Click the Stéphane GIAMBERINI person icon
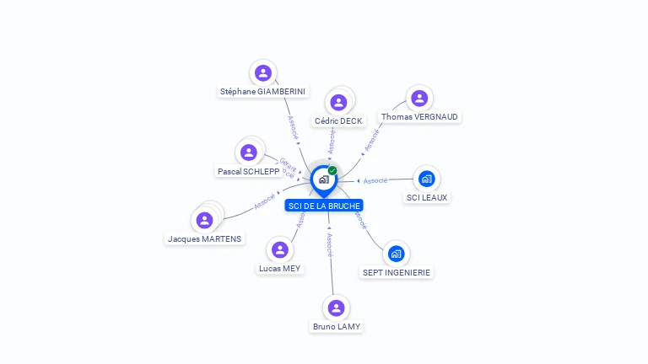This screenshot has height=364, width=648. coord(263,73)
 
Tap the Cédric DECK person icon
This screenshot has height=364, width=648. coord(338,103)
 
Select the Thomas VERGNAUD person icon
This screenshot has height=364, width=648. coord(419,99)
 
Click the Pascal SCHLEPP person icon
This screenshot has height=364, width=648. coord(248,153)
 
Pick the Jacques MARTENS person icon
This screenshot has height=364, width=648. coord(204,221)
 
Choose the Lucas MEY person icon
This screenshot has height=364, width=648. coord(280,250)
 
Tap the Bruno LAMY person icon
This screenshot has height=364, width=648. coord(337,308)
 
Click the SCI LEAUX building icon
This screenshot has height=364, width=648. coord(427,179)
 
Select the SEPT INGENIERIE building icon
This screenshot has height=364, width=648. coord(397,254)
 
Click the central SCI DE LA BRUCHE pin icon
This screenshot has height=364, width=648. coord(323,179)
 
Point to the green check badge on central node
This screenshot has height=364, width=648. coord(332,170)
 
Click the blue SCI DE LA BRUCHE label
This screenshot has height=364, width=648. coord(324,206)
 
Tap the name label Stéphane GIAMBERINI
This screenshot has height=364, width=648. coord(263,92)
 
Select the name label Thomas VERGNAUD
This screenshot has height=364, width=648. coord(420,117)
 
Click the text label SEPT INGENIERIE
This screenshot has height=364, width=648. coord(397,272)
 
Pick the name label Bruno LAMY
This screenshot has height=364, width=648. coord(337,327)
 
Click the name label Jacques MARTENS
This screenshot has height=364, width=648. coord(204,239)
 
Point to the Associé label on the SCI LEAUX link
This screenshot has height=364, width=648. coord(375,180)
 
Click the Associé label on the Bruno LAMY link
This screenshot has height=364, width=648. coord(330,244)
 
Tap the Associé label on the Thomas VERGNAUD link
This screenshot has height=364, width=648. coord(372,141)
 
